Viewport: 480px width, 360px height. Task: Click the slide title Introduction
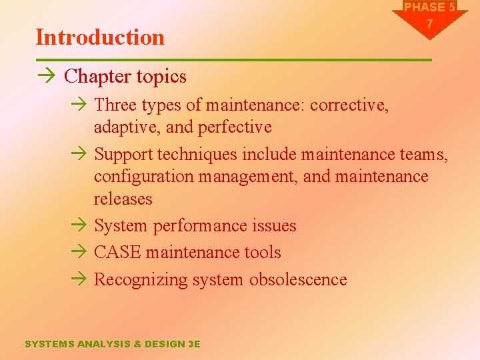click(x=100, y=37)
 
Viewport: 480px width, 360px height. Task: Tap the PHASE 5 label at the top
click(x=430, y=7)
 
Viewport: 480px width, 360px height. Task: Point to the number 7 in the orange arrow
click(x=430, y=24)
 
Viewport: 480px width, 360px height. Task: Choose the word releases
click(x=123, y=199)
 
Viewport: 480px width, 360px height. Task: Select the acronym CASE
click(x=117, y=253)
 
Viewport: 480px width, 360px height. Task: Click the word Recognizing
click(x=141, y=279)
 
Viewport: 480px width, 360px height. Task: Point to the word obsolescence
click(x=298, y=279)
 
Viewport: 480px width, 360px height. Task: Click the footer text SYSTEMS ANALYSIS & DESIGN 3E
click(x=112, y=344)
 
